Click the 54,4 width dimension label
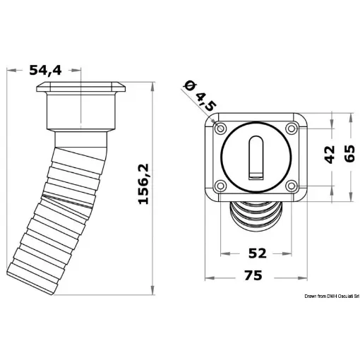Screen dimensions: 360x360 click(x=46, y=69)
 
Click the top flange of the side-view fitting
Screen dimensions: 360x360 click(x=81, y=89)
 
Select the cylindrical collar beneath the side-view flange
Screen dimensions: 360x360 click(x=81, y=113)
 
